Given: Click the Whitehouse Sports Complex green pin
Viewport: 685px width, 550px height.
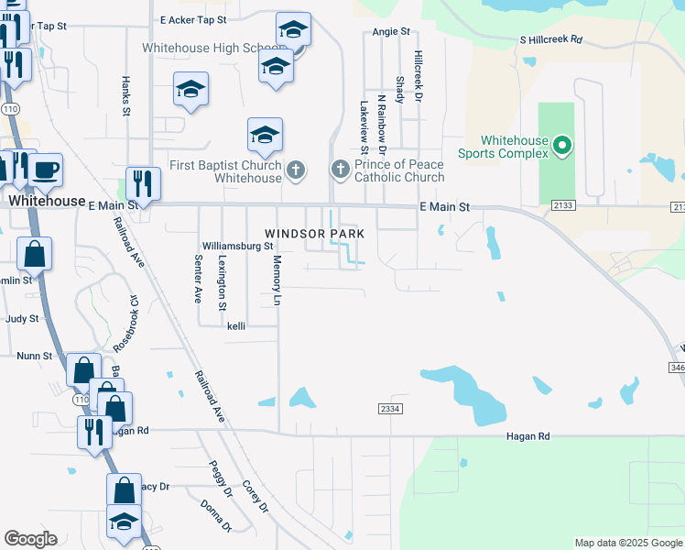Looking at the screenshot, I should (x=562, y=145).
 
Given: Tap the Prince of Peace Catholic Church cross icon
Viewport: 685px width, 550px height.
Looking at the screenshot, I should (x=340, y=170).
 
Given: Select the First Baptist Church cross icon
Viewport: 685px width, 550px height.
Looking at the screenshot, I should (x=295, y=170).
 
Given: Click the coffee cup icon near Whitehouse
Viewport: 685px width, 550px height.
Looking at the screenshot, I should (x=45, y=169).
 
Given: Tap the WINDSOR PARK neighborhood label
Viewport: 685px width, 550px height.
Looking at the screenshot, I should (x=315, y=234).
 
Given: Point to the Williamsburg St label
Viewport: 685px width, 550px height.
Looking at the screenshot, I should (x=238, y=247).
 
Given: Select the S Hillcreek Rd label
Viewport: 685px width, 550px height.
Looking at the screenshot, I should (x=550, y=40).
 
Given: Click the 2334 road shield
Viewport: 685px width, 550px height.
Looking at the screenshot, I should (x=389, y=409).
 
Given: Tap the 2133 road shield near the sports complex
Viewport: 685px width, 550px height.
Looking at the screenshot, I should (x=562, y=206).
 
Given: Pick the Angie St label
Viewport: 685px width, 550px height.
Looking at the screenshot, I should (x=391, y=31).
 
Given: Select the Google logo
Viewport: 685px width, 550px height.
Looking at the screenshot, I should (x=30, y=539).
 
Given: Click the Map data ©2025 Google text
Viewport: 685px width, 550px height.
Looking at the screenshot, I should (x=627, y=543).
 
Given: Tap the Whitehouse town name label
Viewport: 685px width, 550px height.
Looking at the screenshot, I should (x=47, y=200).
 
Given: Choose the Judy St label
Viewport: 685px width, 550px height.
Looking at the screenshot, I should (x=22, y=319).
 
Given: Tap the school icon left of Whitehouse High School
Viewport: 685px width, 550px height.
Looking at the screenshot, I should (x=190, y=90).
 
